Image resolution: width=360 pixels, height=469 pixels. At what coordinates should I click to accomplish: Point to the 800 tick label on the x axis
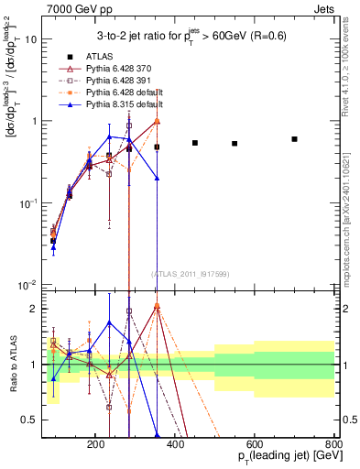coord(333,442)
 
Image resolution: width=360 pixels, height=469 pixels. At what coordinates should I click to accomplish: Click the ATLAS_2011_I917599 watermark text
coord(190,273)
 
